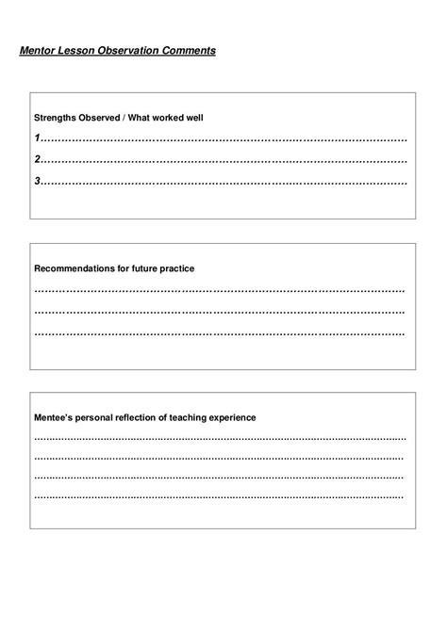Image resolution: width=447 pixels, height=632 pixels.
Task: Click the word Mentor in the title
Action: (x=39, y=50)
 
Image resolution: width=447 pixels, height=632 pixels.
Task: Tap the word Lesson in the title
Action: (x=79, y=50)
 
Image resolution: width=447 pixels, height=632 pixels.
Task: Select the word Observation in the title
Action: (x=129, y=50)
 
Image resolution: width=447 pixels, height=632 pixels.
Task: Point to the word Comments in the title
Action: (x=189, y=50)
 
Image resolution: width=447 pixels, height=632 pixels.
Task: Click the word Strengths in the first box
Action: (x=56, y=119)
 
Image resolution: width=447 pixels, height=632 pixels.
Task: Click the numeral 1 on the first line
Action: (x=37, y=138)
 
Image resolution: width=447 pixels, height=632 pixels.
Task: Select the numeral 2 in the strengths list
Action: (x=37, y=159)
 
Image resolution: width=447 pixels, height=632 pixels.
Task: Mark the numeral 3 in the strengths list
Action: (x=37, y=180)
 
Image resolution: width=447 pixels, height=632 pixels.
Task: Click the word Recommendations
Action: (x=74, y=268)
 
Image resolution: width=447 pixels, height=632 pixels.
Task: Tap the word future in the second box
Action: (x=144, y=268)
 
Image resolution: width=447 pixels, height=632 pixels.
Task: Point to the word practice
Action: (x=178, y=268)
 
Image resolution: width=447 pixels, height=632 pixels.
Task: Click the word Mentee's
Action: (x=54, y=417)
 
